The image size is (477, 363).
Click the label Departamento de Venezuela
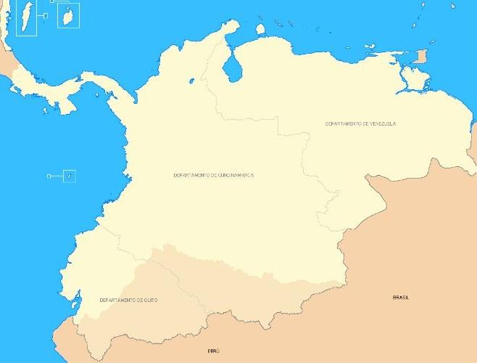(360, 124)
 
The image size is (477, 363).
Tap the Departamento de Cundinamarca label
(213, 175)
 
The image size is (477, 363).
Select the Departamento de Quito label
(128, 300)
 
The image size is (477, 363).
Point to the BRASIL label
(400, 298)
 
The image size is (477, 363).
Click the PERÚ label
(213, 351)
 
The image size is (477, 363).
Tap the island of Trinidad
(421, 57)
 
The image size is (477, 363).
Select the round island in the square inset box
(68, 15)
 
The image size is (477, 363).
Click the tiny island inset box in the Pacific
(69, 176)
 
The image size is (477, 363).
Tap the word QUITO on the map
(150, 300)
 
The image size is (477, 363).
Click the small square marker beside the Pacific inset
(49, 176)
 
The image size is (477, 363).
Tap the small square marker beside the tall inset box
(45, 15)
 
